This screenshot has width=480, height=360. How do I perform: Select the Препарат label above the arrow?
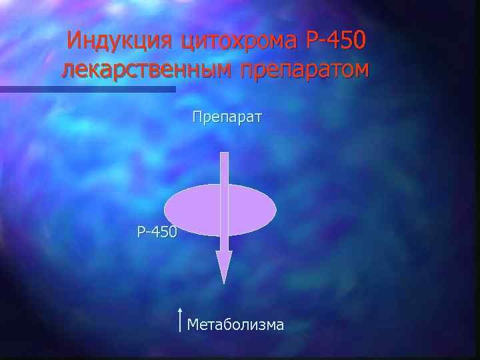click(x=227, y=118)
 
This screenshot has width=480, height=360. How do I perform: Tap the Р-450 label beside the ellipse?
click(x=157, y=233)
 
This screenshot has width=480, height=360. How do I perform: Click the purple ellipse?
click(x=193, y=210)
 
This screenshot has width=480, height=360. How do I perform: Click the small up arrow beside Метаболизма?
click(x=181, y=319)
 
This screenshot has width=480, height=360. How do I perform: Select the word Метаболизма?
click(x=236, y=325)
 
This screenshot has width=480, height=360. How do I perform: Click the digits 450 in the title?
click(x=347, y=41)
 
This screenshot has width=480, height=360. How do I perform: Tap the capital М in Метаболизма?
click(x=193, y=325)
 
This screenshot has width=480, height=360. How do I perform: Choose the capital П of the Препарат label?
click(x=197, y=118)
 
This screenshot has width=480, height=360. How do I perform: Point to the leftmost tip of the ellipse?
click(x=165, y=210)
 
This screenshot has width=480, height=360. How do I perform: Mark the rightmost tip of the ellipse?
click(x=275, y=210)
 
